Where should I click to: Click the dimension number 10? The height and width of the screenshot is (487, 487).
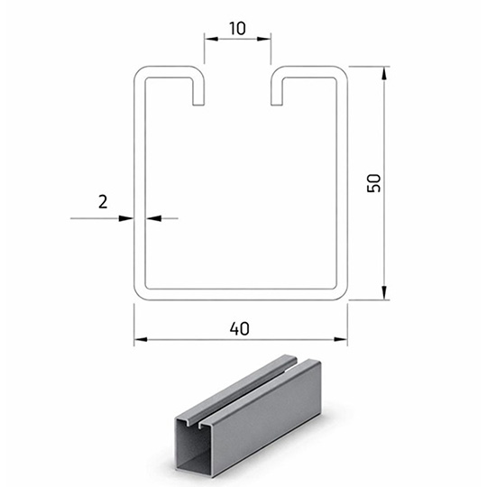tap(237, 28)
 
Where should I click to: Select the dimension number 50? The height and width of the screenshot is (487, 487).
tap(373, 183)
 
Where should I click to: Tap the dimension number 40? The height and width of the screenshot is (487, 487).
tap(240, 328)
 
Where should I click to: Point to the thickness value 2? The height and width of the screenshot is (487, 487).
tap(103, 202)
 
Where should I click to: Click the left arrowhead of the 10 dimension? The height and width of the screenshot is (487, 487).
tap(211, 39)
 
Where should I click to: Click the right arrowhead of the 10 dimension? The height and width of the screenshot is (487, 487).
tap(264, 39)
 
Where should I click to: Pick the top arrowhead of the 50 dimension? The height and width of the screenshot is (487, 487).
tap(384, 73)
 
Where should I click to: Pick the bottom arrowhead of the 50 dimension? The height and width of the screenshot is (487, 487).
tap(384, 293)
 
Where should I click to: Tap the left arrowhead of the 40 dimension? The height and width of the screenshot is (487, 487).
tap(141, 339)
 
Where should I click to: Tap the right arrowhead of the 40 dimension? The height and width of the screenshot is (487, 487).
tap(341, 339)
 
